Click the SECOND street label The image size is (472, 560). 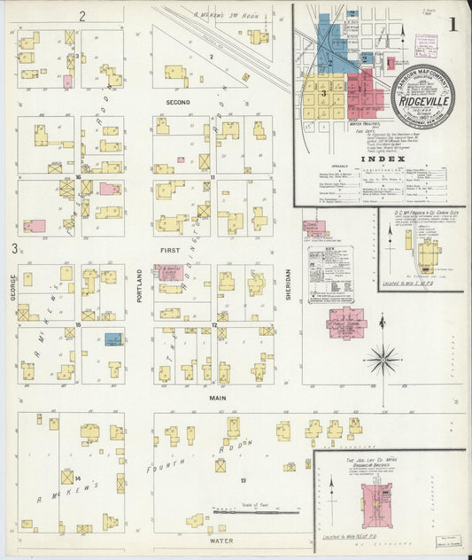179,102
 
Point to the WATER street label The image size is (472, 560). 221,539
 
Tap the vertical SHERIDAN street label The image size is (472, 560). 289,284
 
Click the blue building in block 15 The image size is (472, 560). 113,338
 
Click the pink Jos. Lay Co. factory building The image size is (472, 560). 376,504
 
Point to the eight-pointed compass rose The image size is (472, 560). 383,359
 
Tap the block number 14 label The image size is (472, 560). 78,479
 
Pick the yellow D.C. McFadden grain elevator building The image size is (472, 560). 429,254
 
